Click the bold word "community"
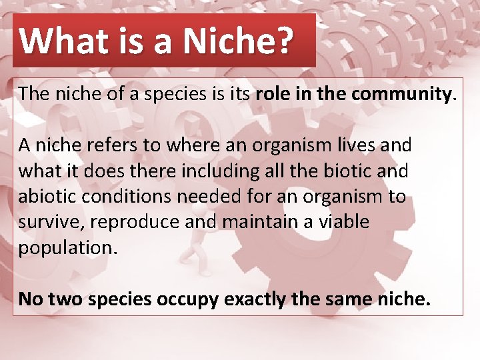(403, 94)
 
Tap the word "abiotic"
(47, 197)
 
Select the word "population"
(66, 248)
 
